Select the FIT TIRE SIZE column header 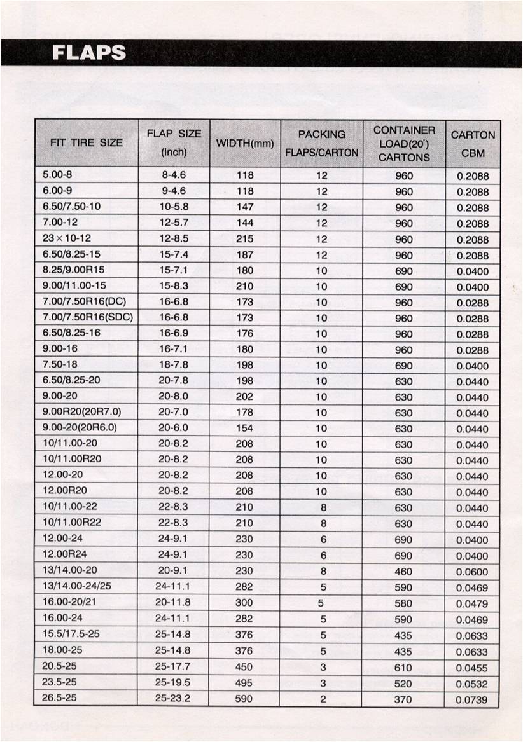coord(86,142)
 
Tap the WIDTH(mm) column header coord(245,144)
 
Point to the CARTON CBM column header coord(473,144)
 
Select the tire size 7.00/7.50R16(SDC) coord(88,317)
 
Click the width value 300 coord(244,603)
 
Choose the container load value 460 coord(403,572)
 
